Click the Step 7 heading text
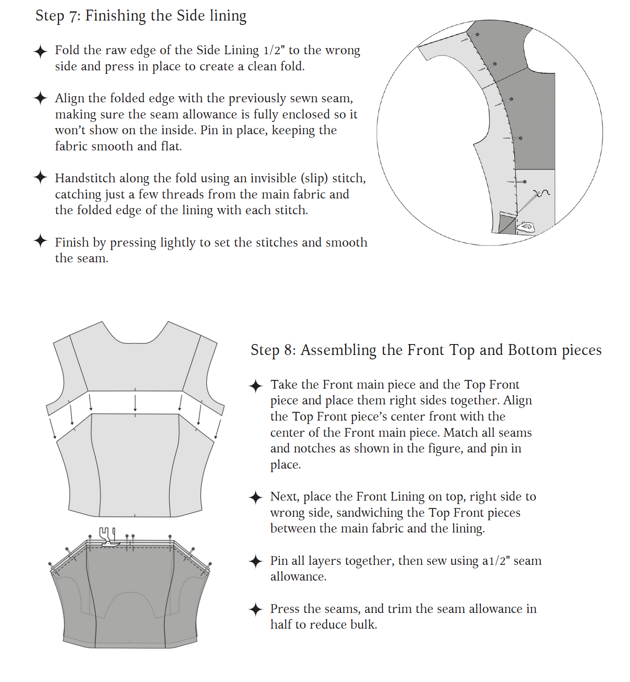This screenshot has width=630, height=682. pyautogui.click(x=141, y=16)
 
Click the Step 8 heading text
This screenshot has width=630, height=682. pyautogui.click(x=426, y=350)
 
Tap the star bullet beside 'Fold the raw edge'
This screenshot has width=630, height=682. pyautogui.click(x=40, y=51)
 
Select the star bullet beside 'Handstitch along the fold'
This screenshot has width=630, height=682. pyautogui.click(x=40, y=177)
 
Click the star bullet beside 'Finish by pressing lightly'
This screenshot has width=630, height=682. pyautogui.click(x=40, y=240)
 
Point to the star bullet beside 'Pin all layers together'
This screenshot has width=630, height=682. pyautogui.click(x=255, y=561)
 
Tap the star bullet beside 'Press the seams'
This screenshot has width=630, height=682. pyautogui.click(x=255, y=609)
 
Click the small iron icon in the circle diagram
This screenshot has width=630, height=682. pyautogui.click(x=525, y=227)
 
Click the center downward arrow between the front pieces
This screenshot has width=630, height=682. pyautogui.click(x=135, y=403)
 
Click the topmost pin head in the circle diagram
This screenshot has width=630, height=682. pyautogui.click(x=477, y=35)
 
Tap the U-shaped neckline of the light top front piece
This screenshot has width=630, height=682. pyautogui.click(x=135, y=339)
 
